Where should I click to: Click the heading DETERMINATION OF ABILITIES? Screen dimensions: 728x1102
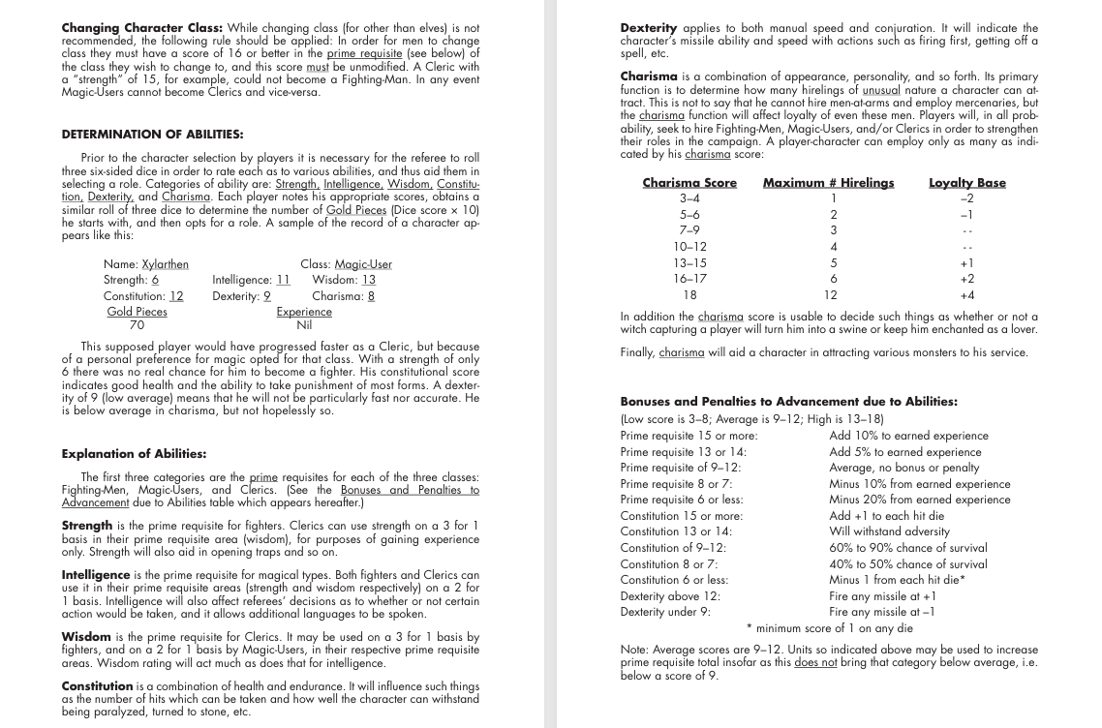pos(152,134)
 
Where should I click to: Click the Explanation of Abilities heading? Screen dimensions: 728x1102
pos(134,453)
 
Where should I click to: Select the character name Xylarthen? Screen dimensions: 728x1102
pos(165,264)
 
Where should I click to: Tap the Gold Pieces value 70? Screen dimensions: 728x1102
pos(137,326)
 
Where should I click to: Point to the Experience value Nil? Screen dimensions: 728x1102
pos(304,326)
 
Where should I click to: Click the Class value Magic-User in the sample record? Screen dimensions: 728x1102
pos(363,264)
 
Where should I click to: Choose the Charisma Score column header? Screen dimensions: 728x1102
pos(689,182)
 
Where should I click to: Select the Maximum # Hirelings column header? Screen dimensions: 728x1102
pos(828,182)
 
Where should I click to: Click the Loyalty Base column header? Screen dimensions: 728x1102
pos(966,182)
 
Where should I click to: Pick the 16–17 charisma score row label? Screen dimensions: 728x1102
pos(689,278)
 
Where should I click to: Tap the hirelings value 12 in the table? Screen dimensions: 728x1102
pos(830,294)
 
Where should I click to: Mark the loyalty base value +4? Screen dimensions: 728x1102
pos(966,294)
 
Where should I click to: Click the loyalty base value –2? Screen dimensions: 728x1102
pos(966,197)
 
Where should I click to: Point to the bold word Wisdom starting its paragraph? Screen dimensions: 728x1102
pos(86,637)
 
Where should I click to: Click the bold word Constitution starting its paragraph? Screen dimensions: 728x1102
pos(98,685)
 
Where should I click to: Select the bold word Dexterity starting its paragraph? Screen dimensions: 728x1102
pos(649,28)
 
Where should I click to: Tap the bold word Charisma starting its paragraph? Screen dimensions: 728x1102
pos(647,76)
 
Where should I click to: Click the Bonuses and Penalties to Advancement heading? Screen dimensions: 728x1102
pos(788,401)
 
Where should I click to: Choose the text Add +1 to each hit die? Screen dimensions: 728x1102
pos(886,515)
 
